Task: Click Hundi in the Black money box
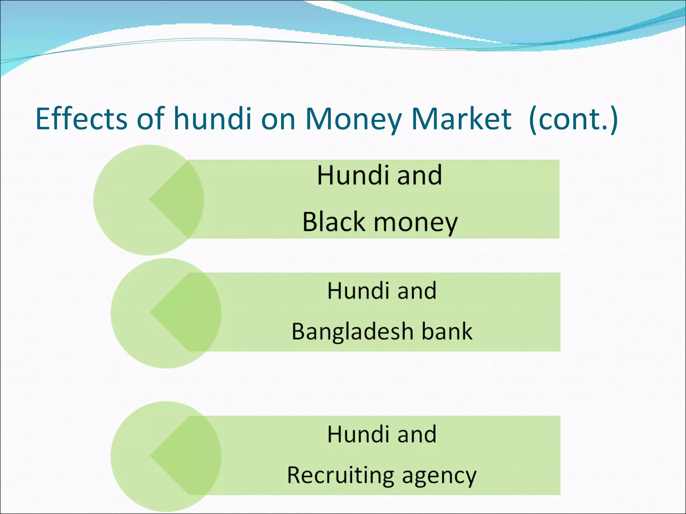coord(352,175)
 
